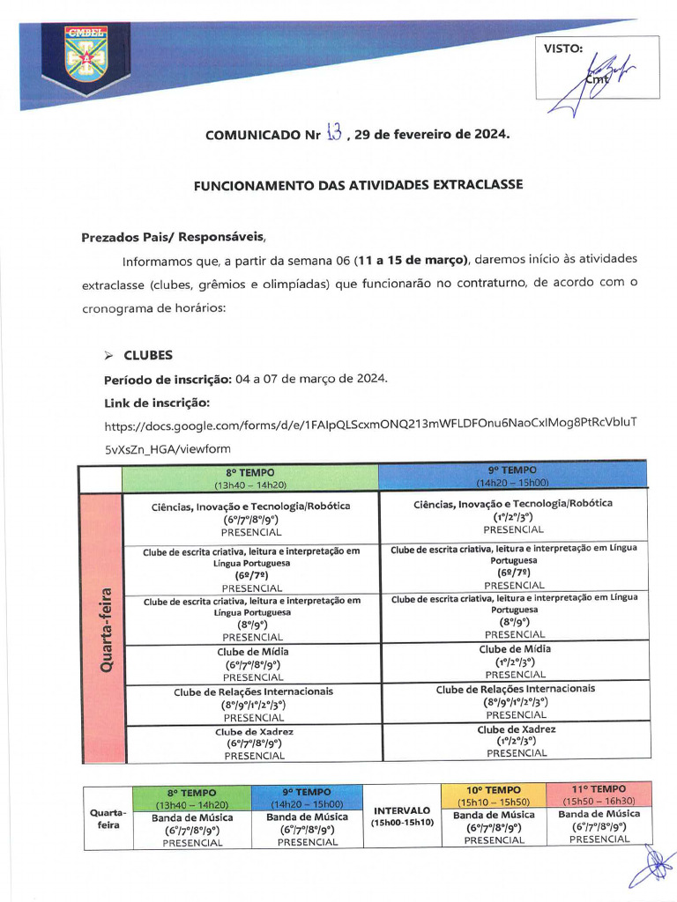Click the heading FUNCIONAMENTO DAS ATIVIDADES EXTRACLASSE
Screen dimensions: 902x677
[x=358, y=185]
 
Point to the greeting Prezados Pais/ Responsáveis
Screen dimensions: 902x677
[x=173, y=237]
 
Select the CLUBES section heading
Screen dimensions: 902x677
[x=148, y=356]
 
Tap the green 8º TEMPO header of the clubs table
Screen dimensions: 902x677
[x=250, y=477]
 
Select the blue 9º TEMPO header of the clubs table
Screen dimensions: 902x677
[x=512, y=476]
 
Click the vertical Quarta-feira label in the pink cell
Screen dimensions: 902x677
[x=105, y=630]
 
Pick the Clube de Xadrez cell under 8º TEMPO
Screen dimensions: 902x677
[x=254, y=743]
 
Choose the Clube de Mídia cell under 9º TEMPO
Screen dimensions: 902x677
[x=516, y=662]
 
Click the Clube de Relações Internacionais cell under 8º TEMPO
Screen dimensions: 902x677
[x=254, y=704]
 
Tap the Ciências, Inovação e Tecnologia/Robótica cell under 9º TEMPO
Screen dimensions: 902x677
[x=516, y=516]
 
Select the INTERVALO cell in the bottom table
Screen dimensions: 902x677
[x=401, y=816]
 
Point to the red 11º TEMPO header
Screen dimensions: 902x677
[x=599, y=795]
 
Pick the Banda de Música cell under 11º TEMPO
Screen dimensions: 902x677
[x=599, y=826]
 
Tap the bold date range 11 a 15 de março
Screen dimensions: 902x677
[x=409, y=261]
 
